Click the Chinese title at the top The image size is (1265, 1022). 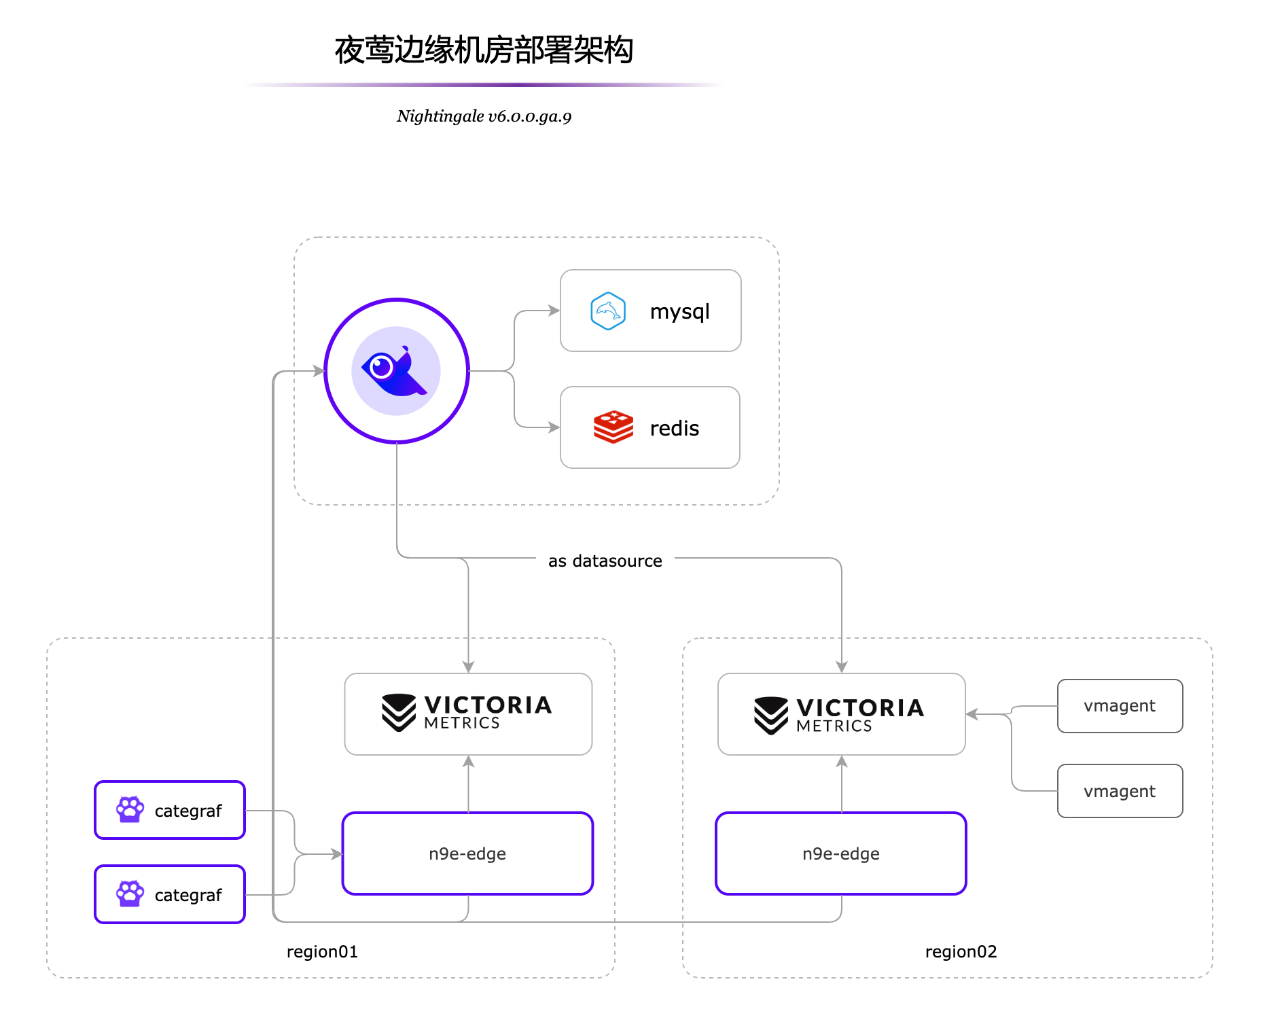click(484, 50)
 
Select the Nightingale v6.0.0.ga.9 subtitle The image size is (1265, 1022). click(484, 116)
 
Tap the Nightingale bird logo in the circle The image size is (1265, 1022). click(396, 371)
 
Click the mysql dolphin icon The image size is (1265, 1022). click(608, 311)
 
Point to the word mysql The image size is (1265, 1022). click(679, 312)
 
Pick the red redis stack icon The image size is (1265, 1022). click(613, 427)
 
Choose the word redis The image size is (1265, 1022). click(674, 429)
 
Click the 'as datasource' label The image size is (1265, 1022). click(605, 561)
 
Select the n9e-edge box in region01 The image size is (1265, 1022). click(467, 853)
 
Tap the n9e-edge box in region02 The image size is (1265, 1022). click(840, 853)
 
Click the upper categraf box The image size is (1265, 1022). click(170, 810)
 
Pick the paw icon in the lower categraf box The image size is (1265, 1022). click(130, 894)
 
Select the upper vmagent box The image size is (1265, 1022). click(1120, 706)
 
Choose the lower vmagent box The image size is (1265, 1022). click(1120, 791)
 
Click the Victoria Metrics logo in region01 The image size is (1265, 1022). click(467, 713)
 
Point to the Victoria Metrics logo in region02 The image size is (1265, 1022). click(840, 715)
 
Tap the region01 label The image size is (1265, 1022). click(322, 951)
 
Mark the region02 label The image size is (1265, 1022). click(961, 951)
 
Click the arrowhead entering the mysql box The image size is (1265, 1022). click(554, 311)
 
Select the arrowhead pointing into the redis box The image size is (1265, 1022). click(554, 427)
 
